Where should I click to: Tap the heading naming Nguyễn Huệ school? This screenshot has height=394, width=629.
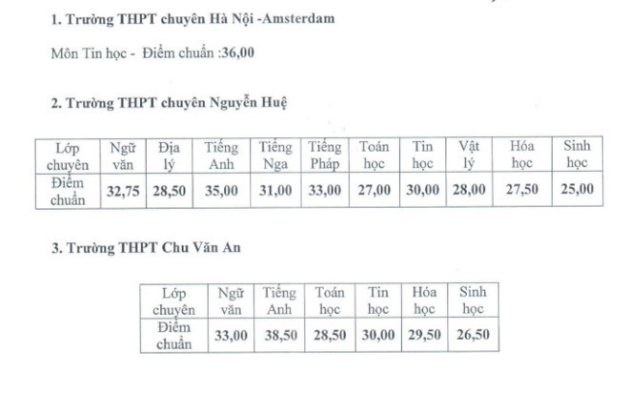(170, 101)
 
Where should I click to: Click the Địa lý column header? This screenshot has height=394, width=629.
(170, 156)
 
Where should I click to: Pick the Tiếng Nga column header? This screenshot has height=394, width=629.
(275, 156)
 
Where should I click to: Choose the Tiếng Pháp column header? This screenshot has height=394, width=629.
(325, 156)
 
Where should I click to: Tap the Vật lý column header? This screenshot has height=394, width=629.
(468, 156)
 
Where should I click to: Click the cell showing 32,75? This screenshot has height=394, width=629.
(124, 190)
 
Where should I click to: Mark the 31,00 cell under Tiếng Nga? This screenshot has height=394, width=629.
(275, 190)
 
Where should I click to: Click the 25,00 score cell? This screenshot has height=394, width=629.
(577, 190)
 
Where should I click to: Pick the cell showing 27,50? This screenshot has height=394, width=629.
(523, 190)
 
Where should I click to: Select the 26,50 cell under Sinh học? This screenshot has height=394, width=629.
(473, 335)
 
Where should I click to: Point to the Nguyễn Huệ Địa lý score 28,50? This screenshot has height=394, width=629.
(170, 190)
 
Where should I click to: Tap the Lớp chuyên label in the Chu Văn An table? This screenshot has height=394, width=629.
(174, 301)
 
